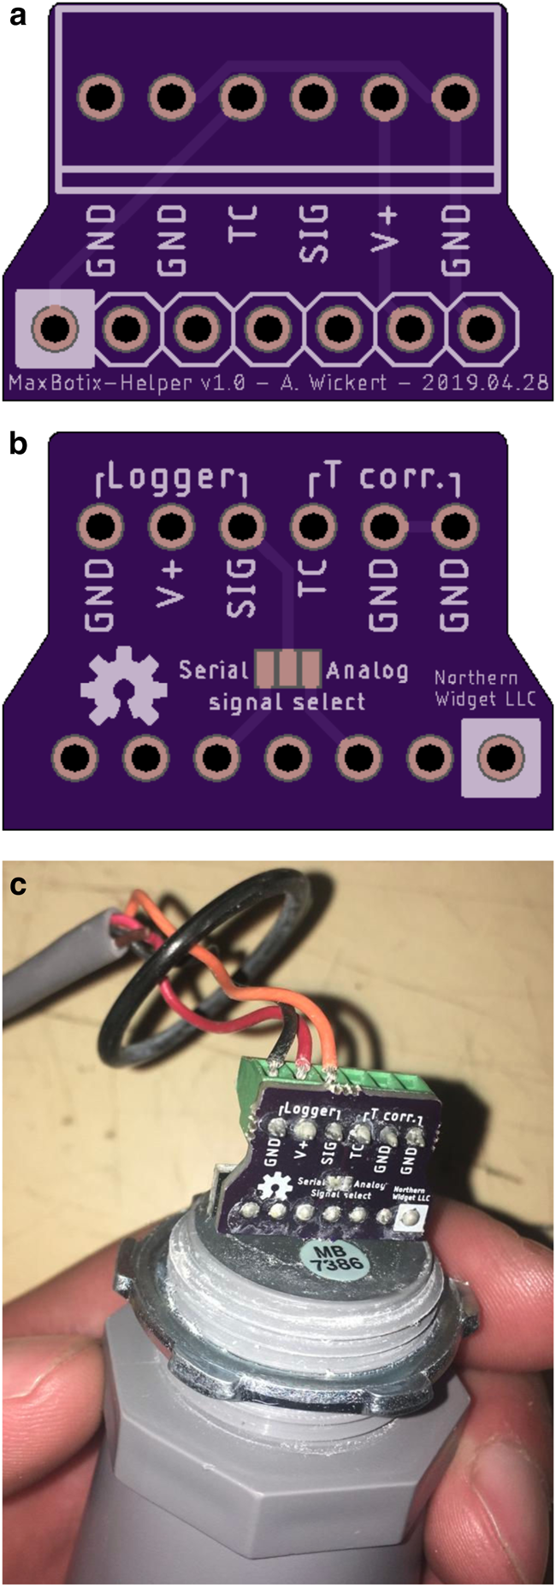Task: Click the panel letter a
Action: click(x=16, y=17)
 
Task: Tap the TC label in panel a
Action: click(x=243, y=226)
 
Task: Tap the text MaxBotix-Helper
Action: click(x=99, y=382)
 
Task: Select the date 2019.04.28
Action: click(x=485, y=382)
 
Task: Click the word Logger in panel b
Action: click(x=171, y=479)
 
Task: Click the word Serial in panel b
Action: click(x=214, y=670)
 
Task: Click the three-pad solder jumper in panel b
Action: click(x=287, y=669)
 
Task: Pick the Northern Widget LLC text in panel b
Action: click(x=484, y=689)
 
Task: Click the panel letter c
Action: click(x=16, y=885)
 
